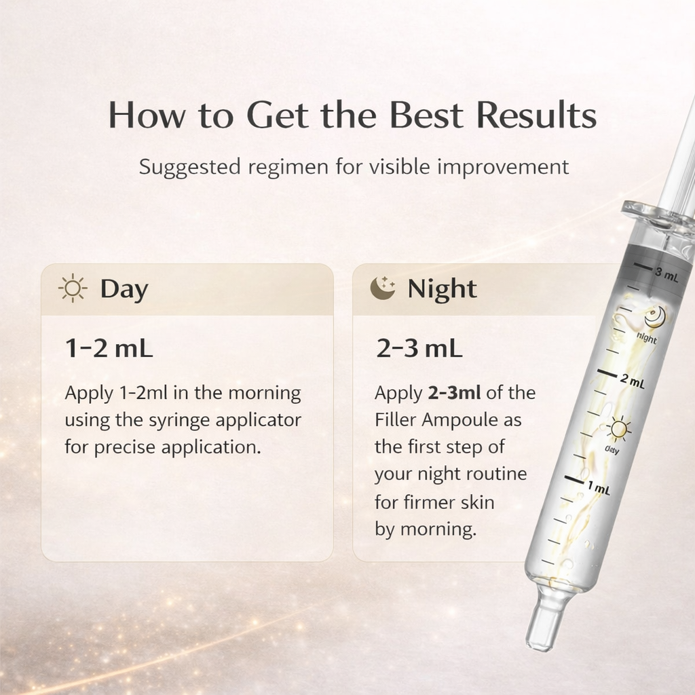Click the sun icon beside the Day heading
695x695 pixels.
pos(73,289)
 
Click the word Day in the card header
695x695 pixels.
pos(124,289)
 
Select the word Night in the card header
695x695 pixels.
pos(442,289)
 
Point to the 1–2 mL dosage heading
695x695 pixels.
pos(109,349)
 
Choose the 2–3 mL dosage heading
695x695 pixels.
pos(419,349)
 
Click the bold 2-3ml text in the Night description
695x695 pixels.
pos(454,393)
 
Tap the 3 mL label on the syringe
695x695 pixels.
pos(667,275)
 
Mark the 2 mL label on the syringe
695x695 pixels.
pos(632,382)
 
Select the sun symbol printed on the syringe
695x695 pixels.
pos(618,429)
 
